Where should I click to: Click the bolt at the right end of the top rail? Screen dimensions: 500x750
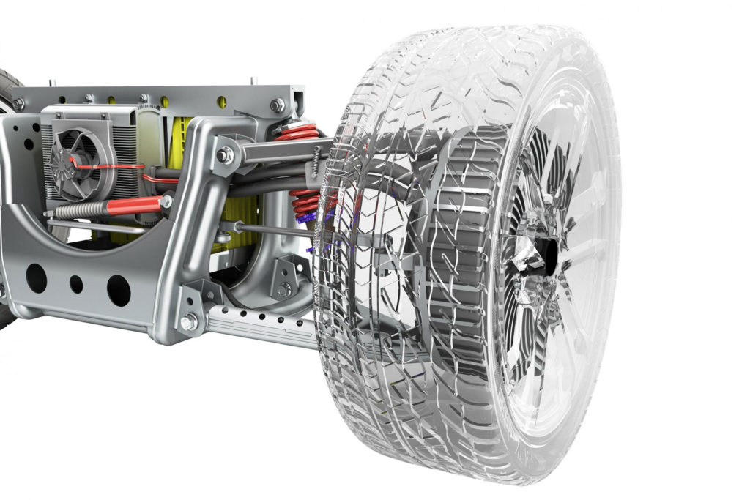click(x=277, y=105)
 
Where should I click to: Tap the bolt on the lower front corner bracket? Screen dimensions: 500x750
click(x=190, y=320)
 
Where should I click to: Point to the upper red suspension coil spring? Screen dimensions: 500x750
click(x=297, y=133)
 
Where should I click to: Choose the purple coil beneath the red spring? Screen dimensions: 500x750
click(x=306, y=217)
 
